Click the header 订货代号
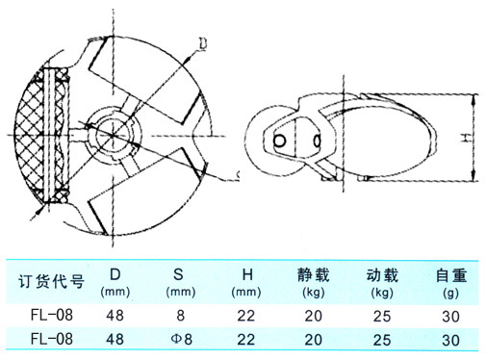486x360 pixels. (x=52, y=282)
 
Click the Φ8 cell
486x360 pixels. (x=181, y=339)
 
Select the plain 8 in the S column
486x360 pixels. (x=181, y=316)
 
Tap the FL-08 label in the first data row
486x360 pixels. (x=52, y=315)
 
